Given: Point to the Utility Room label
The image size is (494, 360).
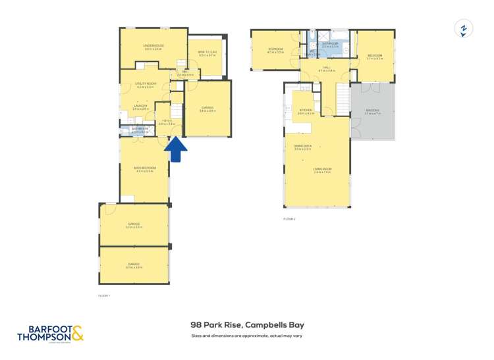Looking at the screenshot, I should click(146, 85).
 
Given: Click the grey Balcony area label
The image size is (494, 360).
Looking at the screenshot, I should click(373, 113).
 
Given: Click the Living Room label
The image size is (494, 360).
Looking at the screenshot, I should click(322, 170).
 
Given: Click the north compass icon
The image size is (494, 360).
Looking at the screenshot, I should click(464, 29).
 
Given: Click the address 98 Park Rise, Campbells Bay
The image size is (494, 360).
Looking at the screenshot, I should click(247, 324).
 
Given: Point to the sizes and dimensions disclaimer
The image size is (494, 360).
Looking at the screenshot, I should click(247, 336).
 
